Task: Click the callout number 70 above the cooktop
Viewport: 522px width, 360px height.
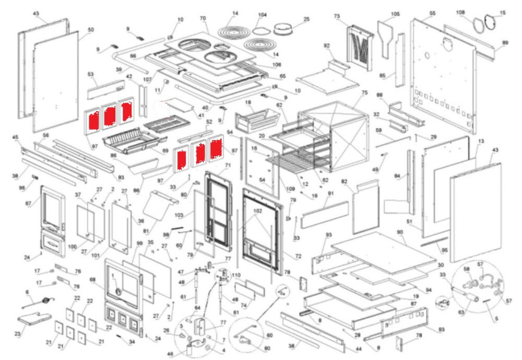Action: (203, 18)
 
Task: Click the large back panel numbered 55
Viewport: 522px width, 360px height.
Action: (444, 73)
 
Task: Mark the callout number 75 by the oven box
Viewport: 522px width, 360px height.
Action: (364, 92)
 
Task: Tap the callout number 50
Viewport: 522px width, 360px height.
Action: (91, 30)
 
